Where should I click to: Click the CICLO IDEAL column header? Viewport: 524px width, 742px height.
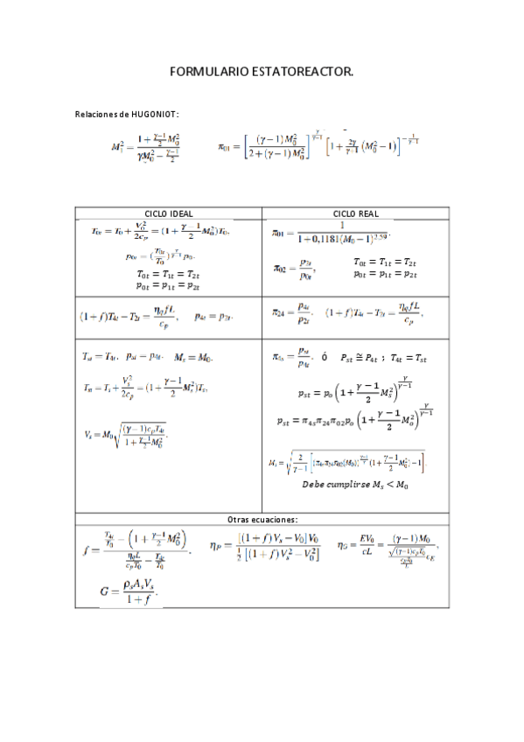coord(169,213)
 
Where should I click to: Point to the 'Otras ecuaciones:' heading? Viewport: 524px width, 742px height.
coord(262,519)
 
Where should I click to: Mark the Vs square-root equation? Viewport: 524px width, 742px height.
coord(125,433)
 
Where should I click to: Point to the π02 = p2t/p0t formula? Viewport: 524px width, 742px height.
coord(293,268)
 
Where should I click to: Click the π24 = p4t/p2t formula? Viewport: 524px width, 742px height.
coord(292,312)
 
